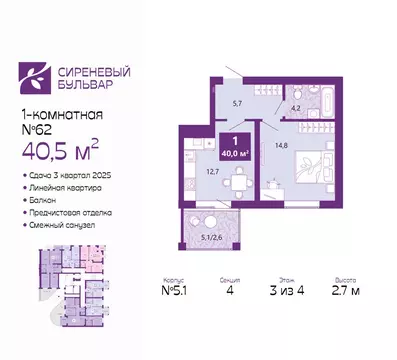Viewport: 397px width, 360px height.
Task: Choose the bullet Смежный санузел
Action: (x=59, y=224)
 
